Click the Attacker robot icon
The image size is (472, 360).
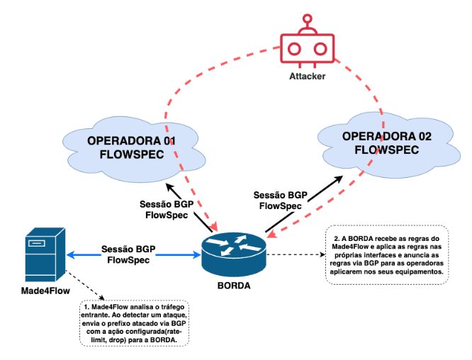(307, 41)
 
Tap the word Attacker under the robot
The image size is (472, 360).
(308, 76)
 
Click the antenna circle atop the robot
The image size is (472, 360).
(308, 18)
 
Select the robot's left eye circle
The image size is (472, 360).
(294, 49)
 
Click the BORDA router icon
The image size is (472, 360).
(234, 254)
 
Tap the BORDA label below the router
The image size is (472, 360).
(234, 286)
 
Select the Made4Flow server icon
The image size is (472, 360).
(45, 254)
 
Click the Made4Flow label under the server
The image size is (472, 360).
(45, 291)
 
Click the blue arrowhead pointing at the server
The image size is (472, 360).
(70, 255)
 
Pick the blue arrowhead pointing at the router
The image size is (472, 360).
(197, 255)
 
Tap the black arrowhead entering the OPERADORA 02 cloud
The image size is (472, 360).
(339, 179)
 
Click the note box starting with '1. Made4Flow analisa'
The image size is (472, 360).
(134, 323)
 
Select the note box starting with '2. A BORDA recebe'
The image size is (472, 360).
(387, 254)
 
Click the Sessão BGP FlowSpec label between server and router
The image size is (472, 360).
(128, 254)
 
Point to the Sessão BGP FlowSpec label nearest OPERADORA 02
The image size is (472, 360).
(280, 201)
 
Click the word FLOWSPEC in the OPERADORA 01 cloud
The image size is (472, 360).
(132, 154)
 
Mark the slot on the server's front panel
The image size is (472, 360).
(36, 243)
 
